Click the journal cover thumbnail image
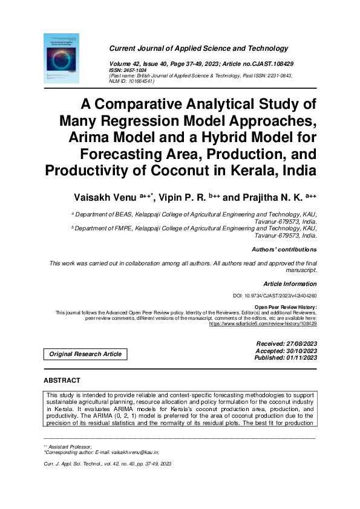tap(61, 57)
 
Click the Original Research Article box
tap(85, 354)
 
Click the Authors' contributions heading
tap(284, 250)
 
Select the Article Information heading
tap(290, 284)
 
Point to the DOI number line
tap(275, 296)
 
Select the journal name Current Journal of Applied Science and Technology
tap(190, 48)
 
